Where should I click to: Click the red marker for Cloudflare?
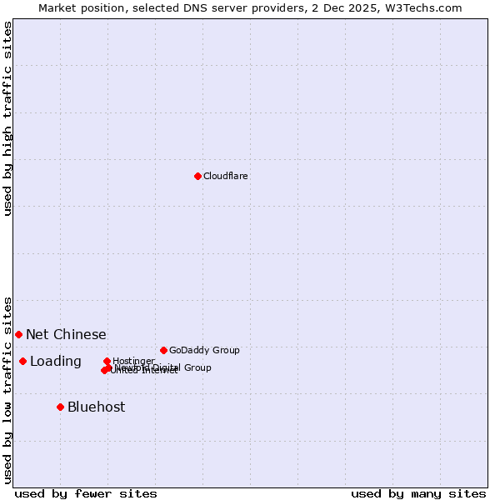click(197, 176)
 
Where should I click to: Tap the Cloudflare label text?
click(226, 176)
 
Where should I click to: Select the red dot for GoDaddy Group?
click(163, 350)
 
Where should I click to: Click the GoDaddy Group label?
click(204, 350)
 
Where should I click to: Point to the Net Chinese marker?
click(18, 334)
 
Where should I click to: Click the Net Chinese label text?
click(66, 334)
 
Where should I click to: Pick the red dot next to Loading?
click(22, 361)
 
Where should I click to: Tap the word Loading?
click(56, 361)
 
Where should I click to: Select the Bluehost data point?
click(60, 407)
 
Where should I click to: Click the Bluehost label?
click(96, 407)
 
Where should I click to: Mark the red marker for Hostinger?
click(107, 361)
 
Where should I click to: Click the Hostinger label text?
click(133, 361)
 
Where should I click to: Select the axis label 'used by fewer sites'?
click(86, 493)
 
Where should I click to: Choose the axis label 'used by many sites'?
click(418, 493)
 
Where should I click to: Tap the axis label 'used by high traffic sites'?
click(7, 118)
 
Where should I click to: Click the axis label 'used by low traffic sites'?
click(7, 389)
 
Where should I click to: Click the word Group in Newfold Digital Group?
click(197, 367)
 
